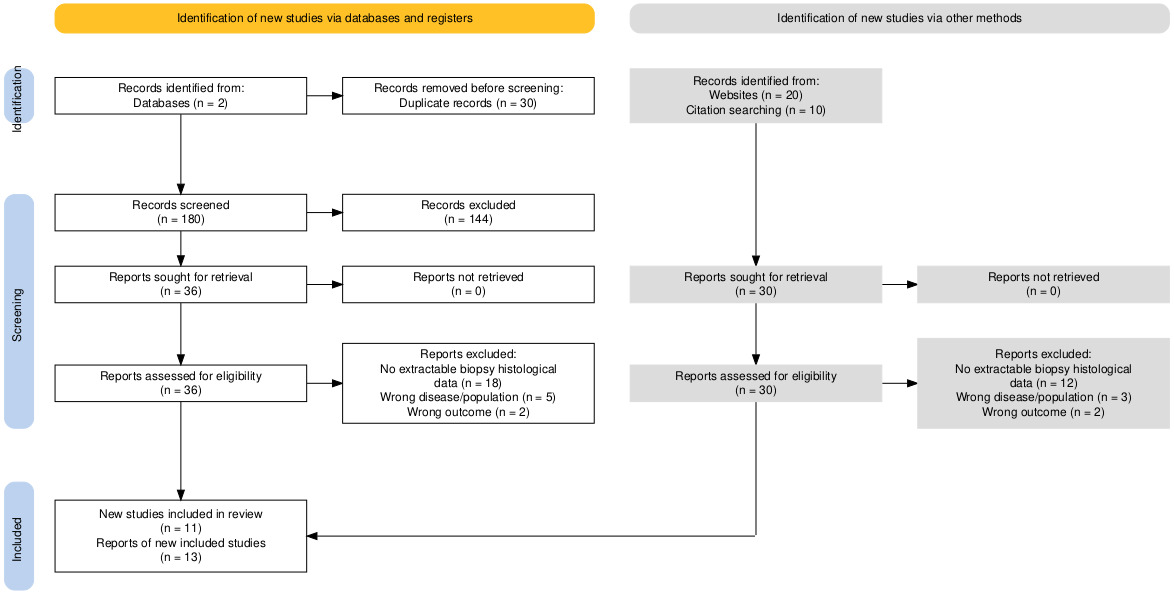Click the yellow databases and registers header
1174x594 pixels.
tap(324, 19)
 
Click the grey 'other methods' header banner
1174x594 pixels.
tap(899, 19)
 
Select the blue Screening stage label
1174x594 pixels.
tap(19, 312)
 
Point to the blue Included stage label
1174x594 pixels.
tap(19, 536)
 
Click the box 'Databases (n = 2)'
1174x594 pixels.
tap(181, 96)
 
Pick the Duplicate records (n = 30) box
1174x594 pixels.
tap(468, 96)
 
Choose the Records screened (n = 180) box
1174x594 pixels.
tap(181, 213)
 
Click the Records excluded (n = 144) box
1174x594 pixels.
tap(468, 213)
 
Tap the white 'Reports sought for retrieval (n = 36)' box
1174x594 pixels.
tap(181, 285)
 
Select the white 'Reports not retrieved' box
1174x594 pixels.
tap(468, 285)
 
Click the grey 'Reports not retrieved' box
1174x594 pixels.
tap(1044, 285)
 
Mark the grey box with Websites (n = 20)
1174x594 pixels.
tap(756, 96)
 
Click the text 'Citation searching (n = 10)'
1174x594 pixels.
tap(756, 111)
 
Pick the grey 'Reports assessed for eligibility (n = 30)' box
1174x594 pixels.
tap(756, 384)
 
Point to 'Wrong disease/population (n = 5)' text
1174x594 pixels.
tap(468, 396)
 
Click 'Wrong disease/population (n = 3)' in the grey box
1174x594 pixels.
tap(1044, 396)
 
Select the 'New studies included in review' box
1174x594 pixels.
tap(181, 536)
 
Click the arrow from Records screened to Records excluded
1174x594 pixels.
tap(324, 213)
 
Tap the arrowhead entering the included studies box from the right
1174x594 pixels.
tap(313, 536)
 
